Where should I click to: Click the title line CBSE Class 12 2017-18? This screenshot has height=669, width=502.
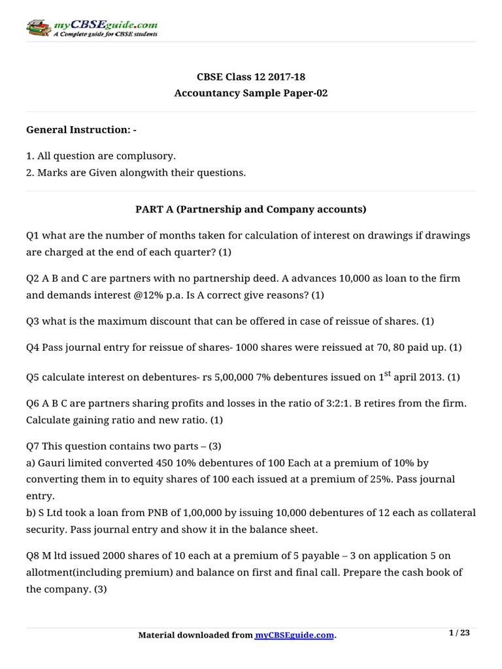[251, 77]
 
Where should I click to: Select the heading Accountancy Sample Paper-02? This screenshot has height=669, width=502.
[251, 93]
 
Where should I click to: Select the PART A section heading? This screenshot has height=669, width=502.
[251, 210]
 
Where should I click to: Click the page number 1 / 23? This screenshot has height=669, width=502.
[460, 632]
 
